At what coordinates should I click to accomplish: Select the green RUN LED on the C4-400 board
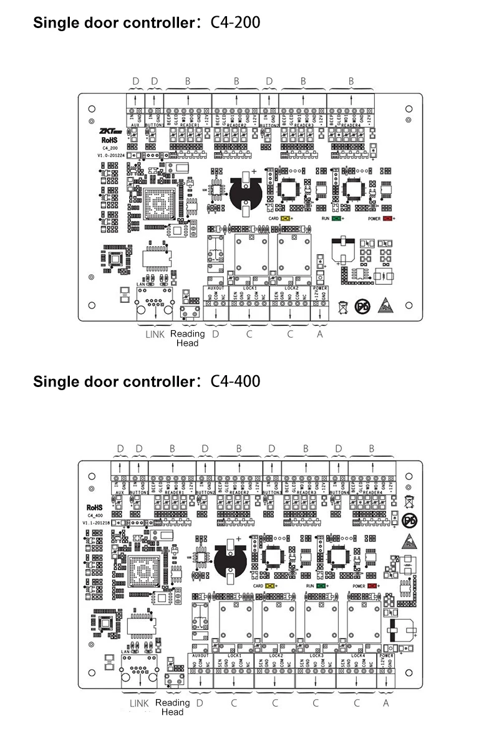(321, 586)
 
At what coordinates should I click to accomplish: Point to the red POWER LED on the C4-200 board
(388, 219)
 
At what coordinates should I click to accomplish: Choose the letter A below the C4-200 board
(321, 334)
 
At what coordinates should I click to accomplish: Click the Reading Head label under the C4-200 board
(187, 338)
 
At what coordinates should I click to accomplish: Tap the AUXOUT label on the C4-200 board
(215, 288)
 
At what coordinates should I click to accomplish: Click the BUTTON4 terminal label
(337, 492)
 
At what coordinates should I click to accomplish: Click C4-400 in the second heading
(236, 381)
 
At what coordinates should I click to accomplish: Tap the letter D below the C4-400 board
(200, 702)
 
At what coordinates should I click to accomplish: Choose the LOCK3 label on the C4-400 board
(316, 656)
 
